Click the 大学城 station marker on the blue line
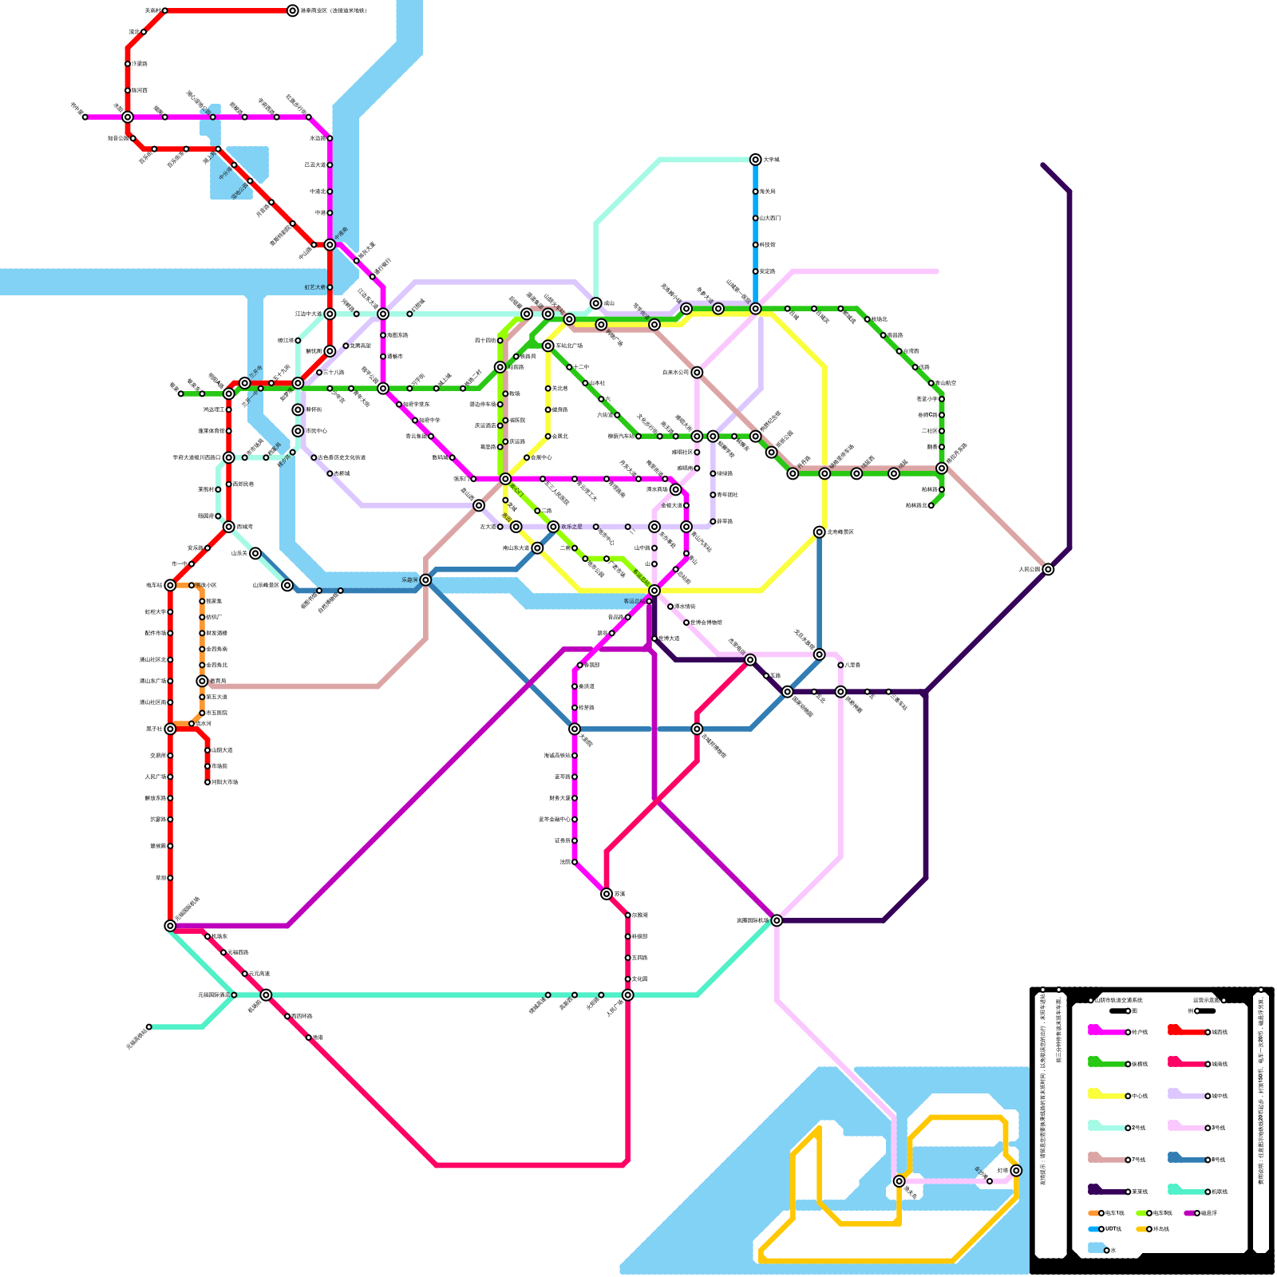pos(755,160)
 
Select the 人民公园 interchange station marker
pos(1048,569)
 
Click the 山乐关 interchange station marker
pos(255,553)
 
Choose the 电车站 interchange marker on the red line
pos(170,585)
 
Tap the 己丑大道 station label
pos(316,165)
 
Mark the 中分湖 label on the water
pos(225,169)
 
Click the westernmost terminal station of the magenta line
pos(85,117)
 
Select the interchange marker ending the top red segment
pos(293,10)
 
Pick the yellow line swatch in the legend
pos(1105,1095)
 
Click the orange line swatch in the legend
pos(1094,1213)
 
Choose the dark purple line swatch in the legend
pos(1105,1191)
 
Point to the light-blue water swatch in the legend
pos(1096,1248)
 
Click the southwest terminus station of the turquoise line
pos(148,1026)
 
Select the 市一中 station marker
pos(192,564)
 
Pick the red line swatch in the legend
pos(1185,1031)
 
